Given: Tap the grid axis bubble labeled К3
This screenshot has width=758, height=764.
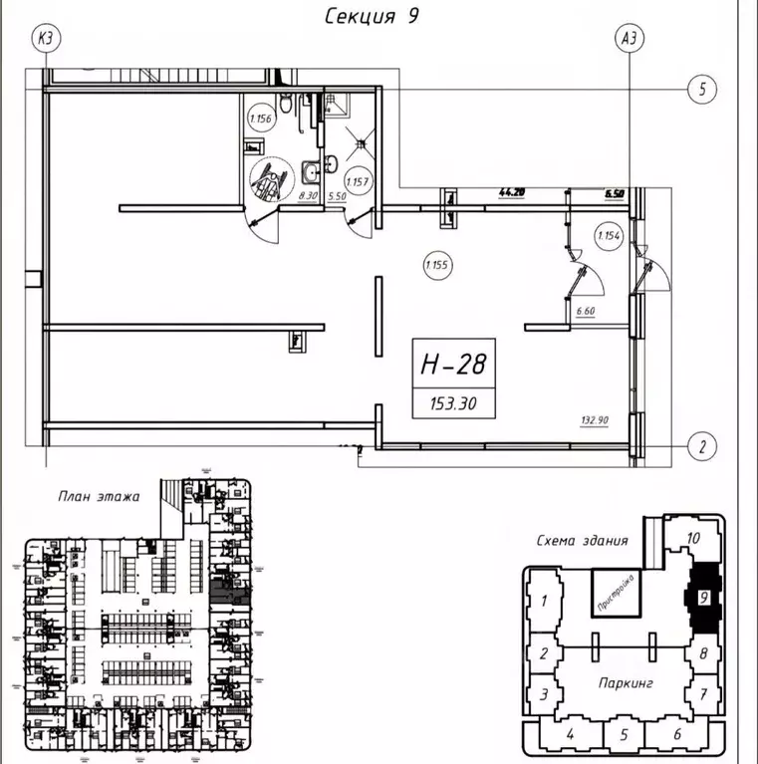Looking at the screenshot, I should pos(46,39).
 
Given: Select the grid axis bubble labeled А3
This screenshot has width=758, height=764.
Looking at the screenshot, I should pos(629,39).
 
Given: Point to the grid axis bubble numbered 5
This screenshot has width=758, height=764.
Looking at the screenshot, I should pos(702,90).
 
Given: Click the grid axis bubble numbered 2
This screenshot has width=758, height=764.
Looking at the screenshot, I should pos(702,447).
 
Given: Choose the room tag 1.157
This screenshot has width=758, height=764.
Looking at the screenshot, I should pos(358,182).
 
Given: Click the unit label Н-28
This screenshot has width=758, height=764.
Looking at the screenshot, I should pos(452,366).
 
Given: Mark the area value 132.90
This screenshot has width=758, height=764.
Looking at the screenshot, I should pos(596,420).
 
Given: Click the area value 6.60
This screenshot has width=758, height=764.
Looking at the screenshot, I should pos(585,311).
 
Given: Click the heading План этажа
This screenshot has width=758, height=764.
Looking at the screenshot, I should pos(98,495).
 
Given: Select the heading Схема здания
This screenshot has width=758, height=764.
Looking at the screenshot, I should pos(582,540).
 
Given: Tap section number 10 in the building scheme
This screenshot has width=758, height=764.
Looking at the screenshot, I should pos(695,538).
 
